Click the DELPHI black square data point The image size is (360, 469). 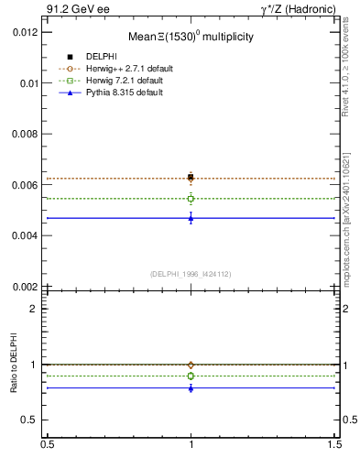tap(191, 177)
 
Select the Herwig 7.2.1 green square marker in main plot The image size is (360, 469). tap(191, 198)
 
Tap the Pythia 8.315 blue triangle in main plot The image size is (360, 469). tap(191, 217)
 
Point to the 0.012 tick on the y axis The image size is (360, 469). tap(25, 32)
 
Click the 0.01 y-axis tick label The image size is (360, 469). tap(28, 82)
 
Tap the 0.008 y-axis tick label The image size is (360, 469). tap(25, 134)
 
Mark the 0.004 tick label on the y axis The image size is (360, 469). tap(25, 235)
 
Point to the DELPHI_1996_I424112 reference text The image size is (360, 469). tap(191, 273)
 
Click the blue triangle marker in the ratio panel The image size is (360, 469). tap(191, 387)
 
